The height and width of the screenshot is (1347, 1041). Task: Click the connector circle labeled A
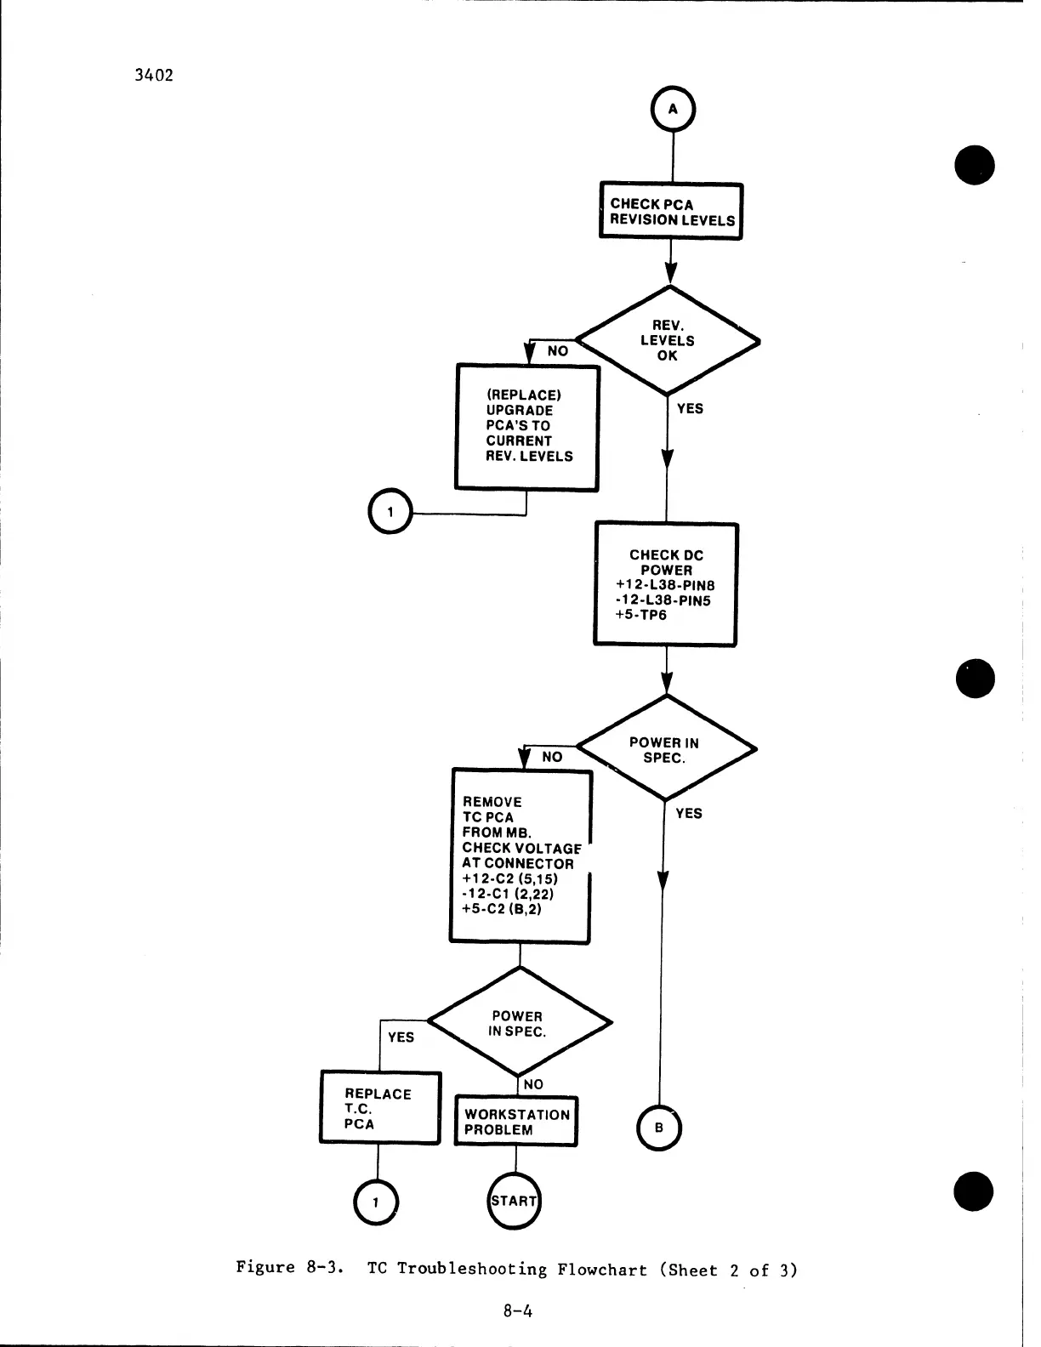673,110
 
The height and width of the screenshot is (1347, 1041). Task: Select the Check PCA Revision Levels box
671,212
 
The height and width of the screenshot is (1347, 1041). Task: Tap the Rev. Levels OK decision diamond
668,341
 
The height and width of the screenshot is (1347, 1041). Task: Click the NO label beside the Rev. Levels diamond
558,351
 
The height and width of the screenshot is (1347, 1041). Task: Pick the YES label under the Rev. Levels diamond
690,409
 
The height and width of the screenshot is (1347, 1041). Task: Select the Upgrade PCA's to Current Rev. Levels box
527,427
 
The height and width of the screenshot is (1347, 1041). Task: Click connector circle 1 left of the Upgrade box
389,513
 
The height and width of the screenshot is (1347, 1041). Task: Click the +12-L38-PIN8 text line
665,585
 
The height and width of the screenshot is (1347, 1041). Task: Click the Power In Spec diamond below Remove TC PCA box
518,1023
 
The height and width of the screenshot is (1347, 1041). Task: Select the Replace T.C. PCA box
380,1108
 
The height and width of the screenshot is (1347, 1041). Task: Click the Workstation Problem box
516,1122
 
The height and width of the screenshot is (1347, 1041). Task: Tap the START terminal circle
515,1201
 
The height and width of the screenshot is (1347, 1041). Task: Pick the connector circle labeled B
659,1128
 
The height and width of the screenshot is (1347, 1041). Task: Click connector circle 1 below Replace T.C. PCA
375,1202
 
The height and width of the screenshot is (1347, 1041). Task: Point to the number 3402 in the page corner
154,75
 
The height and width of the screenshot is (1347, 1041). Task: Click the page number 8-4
517,1310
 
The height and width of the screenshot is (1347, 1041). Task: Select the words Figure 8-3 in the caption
289,1268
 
